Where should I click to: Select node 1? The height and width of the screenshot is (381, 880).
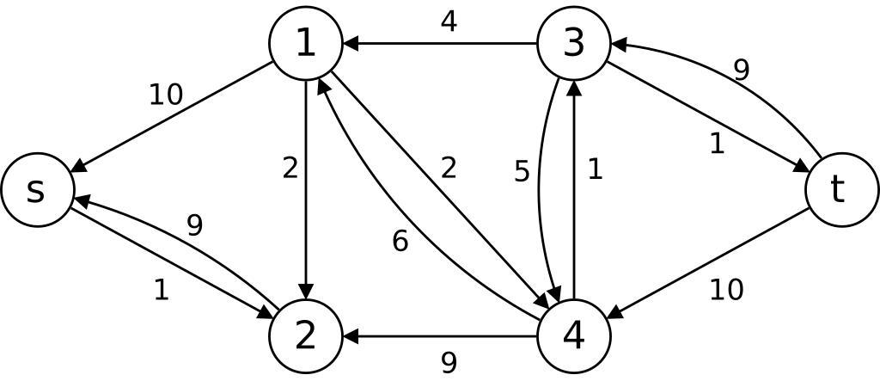[x=306, y=44]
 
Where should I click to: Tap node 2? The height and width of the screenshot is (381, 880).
[x=306, y=336]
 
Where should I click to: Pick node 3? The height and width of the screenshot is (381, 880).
[x=573, y=44]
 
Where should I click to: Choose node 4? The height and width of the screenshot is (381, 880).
[x=573, y=336]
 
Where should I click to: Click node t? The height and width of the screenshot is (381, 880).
[x=841, y=190]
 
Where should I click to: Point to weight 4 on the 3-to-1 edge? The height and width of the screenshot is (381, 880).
[x=448, y=22]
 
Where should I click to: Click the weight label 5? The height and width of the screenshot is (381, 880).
[x=522, y=172]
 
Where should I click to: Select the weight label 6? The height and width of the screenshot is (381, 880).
[x=400, y=242]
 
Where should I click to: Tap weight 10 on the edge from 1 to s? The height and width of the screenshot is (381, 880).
[x=166, y=95]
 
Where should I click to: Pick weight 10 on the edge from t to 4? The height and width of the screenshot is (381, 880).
[x=726, y=291]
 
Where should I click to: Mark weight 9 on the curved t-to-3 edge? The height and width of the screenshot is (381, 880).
[x=741, y=71]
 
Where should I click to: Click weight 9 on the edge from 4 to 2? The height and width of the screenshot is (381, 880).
[x=448, y=362]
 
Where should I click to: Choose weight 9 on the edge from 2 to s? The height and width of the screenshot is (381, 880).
[x=195, y=225]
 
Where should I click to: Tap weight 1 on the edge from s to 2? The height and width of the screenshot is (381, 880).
[x=161, y=291]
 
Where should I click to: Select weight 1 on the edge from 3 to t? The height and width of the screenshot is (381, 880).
[x=717, y=144]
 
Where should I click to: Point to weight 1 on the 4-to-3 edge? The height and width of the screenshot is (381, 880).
[x=595, y=169]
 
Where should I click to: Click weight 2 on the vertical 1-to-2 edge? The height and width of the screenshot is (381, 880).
[x=290, y=169]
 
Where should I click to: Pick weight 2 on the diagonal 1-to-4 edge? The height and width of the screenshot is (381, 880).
[x=448, y=169]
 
